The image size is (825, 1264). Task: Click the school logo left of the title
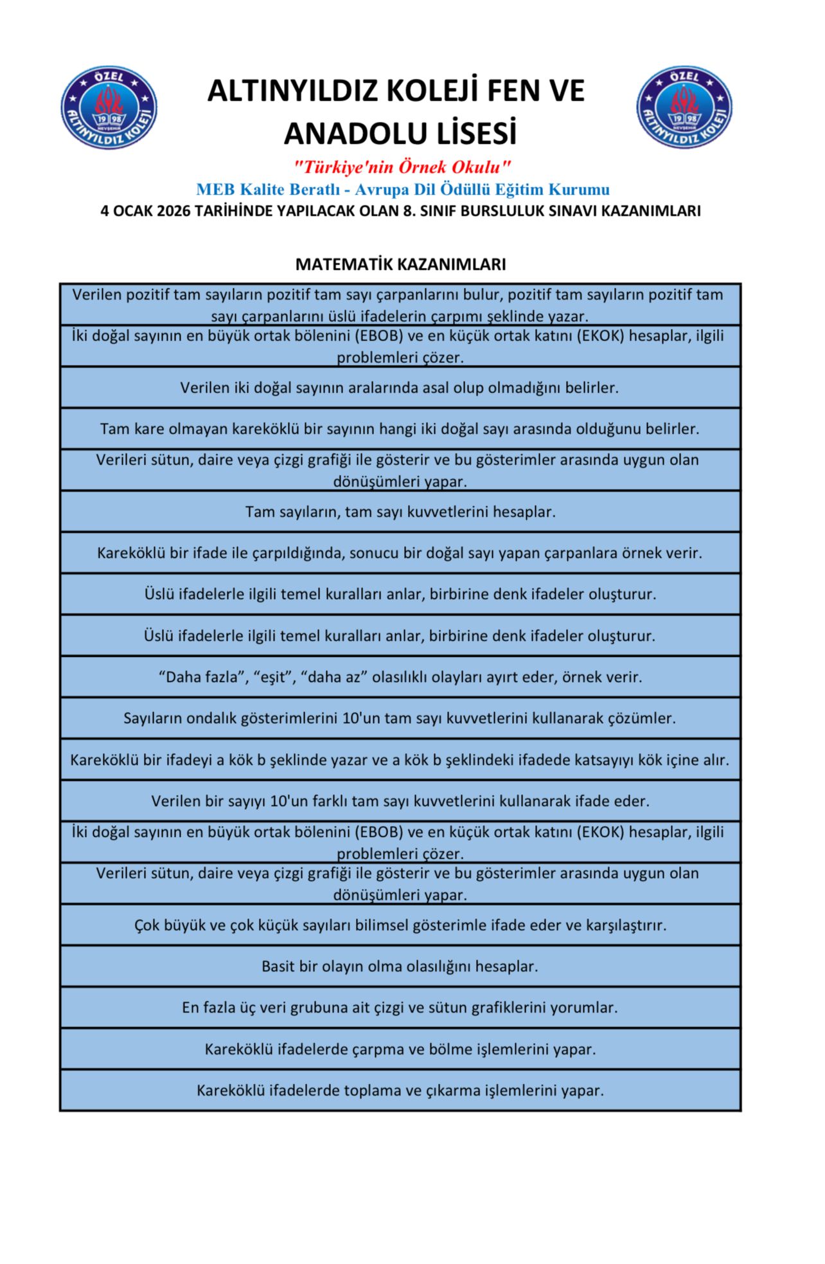pyautogui.click(x=109, y=107)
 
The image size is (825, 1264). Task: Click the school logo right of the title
pyautogui.click(x=684, y=107)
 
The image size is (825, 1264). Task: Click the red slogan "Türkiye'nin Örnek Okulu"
pyautogui.click(x=402, y=167)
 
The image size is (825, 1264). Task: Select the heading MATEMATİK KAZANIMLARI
pyautogui.click(x=400, y=264)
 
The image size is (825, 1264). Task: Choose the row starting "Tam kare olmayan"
pyautogui.click(x=400, y=429)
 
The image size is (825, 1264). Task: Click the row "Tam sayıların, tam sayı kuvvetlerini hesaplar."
pyautogui.click(x=400, y=512)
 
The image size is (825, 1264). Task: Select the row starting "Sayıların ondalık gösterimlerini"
pyautogui.click(x=400, y=718)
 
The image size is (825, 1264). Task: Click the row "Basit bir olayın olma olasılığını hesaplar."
pyautogui.click(x=400, y=966)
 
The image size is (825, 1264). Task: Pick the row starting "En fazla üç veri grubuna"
pyautogui.click(x=400, y=1007)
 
